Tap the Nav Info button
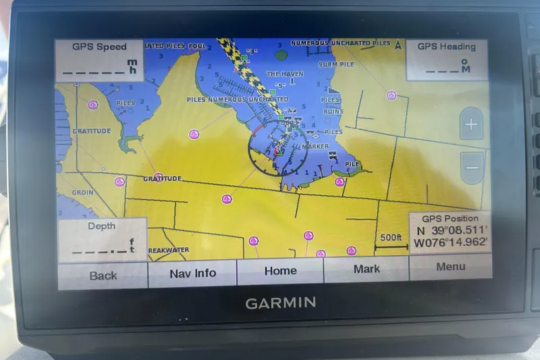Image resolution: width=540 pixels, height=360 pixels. click(192, 274)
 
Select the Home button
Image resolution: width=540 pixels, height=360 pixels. click(280, 271)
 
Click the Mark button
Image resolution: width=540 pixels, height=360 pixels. click(367, 269)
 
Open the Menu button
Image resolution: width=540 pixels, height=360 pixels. click(450, 267)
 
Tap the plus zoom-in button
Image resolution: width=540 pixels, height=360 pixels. click(471, 125)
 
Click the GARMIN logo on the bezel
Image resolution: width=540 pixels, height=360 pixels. click(280, 303)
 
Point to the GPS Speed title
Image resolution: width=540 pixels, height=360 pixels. click(99, 47)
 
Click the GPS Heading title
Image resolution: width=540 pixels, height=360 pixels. click(446, 47)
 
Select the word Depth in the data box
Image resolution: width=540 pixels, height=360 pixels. click(101, 226)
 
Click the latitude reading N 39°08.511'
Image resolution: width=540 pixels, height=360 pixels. click(450, 230)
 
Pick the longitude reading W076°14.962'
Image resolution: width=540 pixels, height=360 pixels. click(450, 242)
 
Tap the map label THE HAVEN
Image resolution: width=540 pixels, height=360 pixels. click(284, 74)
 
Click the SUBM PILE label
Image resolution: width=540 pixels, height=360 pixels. click(336, 65)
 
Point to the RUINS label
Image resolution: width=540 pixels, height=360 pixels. click(333, 111)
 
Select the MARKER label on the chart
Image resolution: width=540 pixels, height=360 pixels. click(315, 146)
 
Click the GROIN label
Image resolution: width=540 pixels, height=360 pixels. click(82, 192)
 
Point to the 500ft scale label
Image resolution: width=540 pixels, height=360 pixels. click(391, 238)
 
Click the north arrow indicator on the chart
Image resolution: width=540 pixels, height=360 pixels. click(398, 46)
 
